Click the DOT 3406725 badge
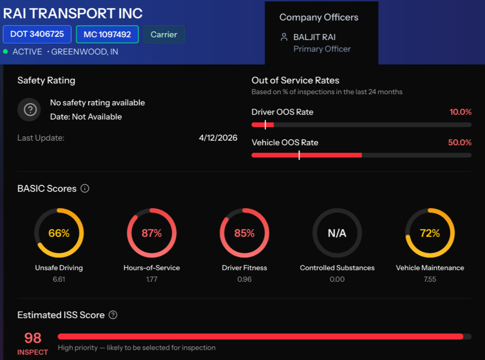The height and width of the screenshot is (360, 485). point(37,34)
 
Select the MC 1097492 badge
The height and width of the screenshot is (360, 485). point(107,34)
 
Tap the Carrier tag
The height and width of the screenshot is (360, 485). point(164,34)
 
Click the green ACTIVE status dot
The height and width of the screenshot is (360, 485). point(5,52)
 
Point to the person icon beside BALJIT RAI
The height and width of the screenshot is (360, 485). point(283,37)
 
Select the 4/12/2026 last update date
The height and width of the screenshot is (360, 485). point(218,138)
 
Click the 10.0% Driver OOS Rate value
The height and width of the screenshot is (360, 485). point(460,112)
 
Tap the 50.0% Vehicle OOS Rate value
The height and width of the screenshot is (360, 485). point(460,143)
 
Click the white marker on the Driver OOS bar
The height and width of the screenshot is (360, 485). point(265,125)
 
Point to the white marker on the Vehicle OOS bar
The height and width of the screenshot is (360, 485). point(299,155)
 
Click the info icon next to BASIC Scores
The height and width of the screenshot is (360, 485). point(85,189)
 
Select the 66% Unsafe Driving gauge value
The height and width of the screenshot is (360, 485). point(59,233)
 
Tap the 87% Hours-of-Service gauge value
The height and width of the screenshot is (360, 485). point(152,233)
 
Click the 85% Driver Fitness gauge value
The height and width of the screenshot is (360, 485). point(244,233)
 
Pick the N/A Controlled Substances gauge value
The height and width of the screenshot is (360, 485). point(337,233)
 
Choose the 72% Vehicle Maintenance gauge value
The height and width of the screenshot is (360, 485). point(430,233)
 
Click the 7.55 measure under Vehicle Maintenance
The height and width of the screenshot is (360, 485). point(430,279)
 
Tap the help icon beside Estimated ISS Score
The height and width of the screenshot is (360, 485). point(113,315)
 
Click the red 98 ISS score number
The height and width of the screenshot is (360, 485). point(33,338)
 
